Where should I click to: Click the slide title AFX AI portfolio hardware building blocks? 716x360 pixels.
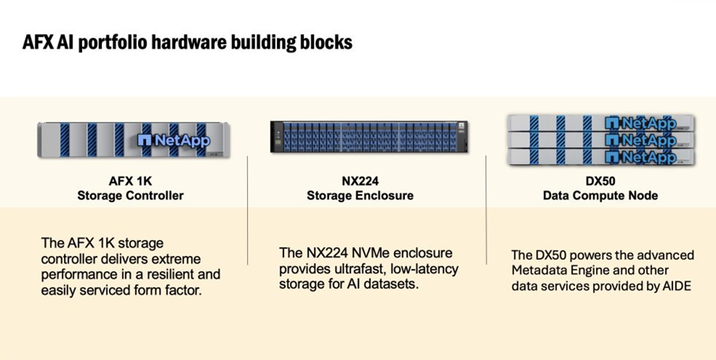pyautogui.click(x=188, y=42)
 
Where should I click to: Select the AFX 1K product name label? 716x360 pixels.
pyautogui.click(x=130, y=180)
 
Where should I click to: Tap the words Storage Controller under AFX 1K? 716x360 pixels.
pyautogui.click(x=130, y=195)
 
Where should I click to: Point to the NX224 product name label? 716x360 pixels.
pyautogui.click(x=360, y=180)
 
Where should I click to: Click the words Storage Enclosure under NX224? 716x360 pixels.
pyautogui.click(x=360, y=195)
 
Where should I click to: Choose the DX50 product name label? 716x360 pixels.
pyautogui.click(x=600, y=180)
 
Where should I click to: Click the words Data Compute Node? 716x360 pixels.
pyautogui.click(x=600, y=195)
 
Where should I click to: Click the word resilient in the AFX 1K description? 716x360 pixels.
pyautogui.click(x=166, y=275)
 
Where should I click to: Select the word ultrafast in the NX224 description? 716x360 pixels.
pyautogui.click(x=352, y=268)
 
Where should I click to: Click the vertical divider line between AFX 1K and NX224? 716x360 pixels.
pyautogui.click(x=248, y=209)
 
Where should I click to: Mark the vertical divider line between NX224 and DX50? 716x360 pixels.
pyautogui.click(x=485, y=209)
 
